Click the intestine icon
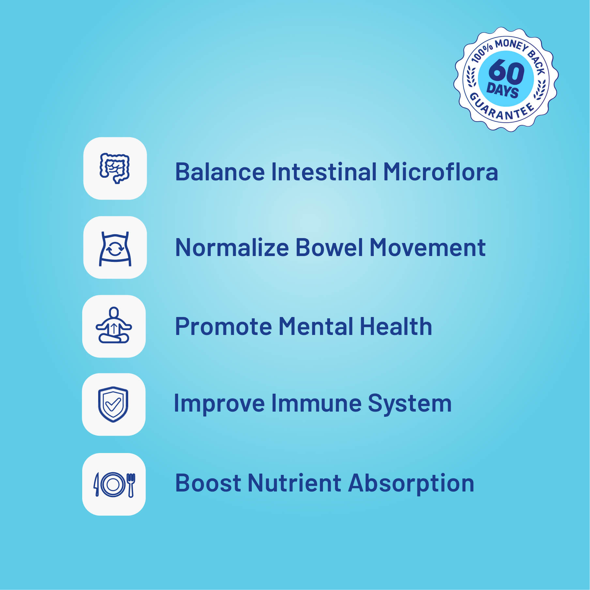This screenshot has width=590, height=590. click(114, 168)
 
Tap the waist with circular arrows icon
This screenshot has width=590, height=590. click(115, 249)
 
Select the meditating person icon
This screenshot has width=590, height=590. click(114, 325)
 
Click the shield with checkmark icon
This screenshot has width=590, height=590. click(113, 404)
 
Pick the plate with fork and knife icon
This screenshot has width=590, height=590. click(114, 485)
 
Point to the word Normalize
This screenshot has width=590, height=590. click(232, 247)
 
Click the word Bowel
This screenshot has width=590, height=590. click(329, 247)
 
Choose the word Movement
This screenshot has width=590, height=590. click(428, 247)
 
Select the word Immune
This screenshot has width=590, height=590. click(316, 403)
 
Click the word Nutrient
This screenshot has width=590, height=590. click(294, 483)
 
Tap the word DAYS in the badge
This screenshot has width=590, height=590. click(503, 90)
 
